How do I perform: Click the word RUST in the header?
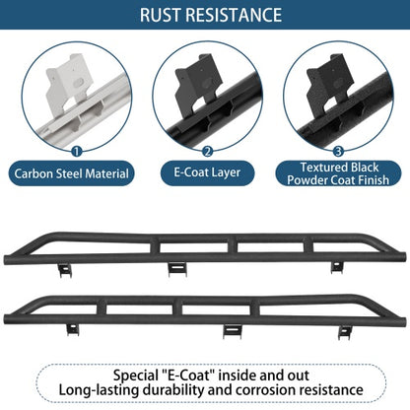(161, 15)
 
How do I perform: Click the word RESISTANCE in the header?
(234, 15)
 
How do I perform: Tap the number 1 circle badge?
(77, 152)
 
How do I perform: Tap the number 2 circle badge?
(207, 152)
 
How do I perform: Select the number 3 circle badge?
(338, 152)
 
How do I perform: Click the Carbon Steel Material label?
(71, 173)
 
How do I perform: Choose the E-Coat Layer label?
(207, 172)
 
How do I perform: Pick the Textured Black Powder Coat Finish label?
(338, 173)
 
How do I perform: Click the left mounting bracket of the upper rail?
(65, 270)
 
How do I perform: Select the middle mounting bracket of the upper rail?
(177, 269)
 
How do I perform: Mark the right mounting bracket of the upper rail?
(337, 267)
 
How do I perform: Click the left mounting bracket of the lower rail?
(73, 329)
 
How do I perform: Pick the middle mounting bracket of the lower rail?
(233, 331)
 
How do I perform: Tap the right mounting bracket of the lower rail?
(345, 332)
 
